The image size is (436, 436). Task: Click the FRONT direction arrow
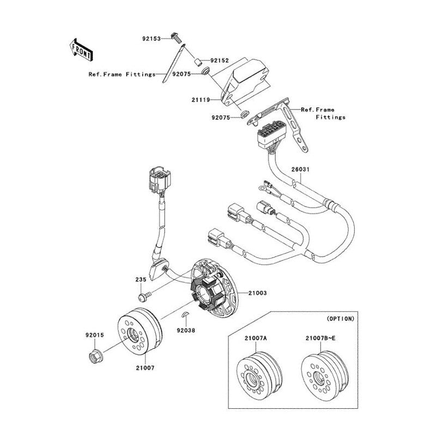click(x=81, y=50)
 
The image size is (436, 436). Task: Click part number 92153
click(x=152, y=39)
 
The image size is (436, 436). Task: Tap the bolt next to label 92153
click(x=177, y=38)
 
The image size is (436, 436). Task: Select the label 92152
click(x=220, y=60)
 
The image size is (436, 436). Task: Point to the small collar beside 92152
click(x=198, y=62)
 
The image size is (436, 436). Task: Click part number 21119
click(x=201, y=100)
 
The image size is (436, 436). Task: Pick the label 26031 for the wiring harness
click(x=300, y=169)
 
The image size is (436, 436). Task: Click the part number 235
click(x=141, y=280)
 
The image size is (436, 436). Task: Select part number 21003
click(x=257, y=293)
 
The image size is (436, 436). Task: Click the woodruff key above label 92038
click(x=185, y=314)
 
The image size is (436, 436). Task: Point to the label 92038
click(x=186, y=330)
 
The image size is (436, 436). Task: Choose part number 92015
click(x=95, y=335)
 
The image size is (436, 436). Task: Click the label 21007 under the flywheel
click(x=145, y=368)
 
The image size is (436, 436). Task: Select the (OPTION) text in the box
click(x=341, y=319)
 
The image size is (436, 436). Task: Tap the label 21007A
click(x=256, y=338)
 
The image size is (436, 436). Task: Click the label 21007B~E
click(x=320, y=338)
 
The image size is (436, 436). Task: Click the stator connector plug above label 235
click(x=160, y=180)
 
